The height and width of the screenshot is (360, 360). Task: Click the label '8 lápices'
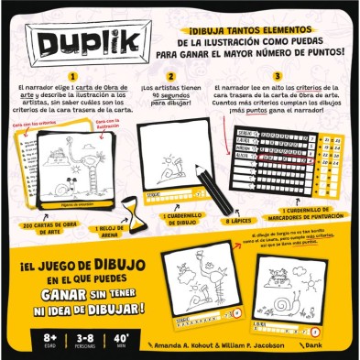tap(236, 222)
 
